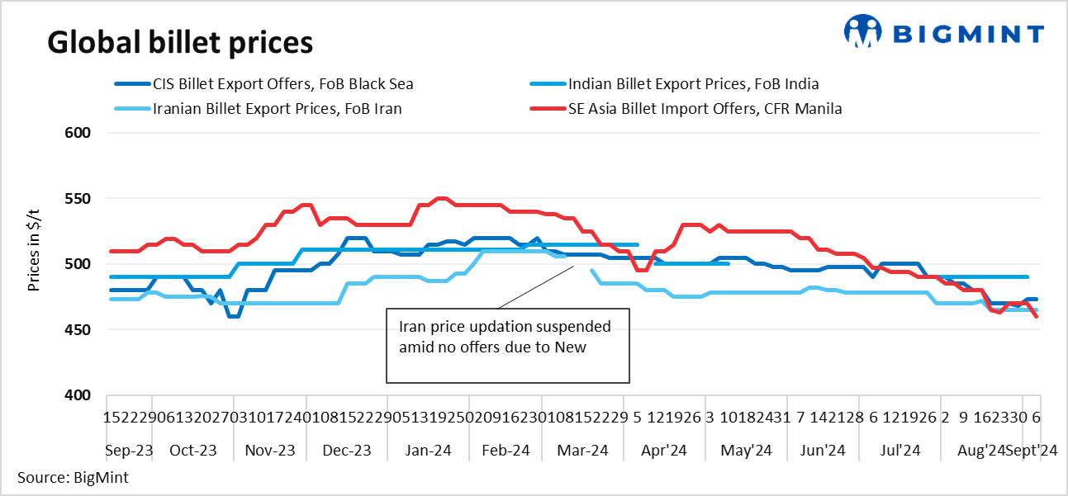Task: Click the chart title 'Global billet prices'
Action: (180, 41)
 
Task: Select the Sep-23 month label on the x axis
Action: (131, 451)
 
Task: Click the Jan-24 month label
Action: (428, 451)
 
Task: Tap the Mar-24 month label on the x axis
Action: (583, 451)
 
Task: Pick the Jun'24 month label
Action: (823, 451)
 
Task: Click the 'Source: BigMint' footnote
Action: (72, 477)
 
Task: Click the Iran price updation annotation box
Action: (508, 346)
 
